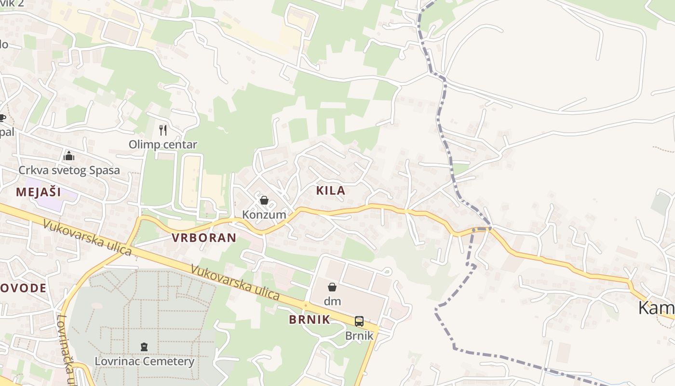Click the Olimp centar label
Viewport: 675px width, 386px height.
coord(162,144)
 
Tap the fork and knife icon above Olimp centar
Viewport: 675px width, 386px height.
coord(163,130)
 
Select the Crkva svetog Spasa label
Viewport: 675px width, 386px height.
coord(69,170)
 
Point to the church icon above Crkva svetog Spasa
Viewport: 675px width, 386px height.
coord(69,156)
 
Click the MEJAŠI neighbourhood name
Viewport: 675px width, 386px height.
coord(39,192)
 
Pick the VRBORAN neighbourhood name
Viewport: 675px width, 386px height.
coord(204,237)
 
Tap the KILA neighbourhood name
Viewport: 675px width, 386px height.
coord(331,191)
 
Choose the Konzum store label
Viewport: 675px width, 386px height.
coord(264,214)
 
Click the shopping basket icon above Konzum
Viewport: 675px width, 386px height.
coord(264,200)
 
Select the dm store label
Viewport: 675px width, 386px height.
coord(332,302)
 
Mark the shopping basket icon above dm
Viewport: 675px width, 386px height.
coord(332,287)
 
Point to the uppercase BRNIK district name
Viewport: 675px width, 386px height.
coord(310,319)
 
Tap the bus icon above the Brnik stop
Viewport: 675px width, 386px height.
coord(359,321)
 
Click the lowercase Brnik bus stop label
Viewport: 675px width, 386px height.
coord(359,335)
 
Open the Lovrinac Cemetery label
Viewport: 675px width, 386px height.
coord(144,361)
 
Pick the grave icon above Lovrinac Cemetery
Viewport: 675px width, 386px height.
coord(144,346)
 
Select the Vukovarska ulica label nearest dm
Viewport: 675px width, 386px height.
coord(235,281)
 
